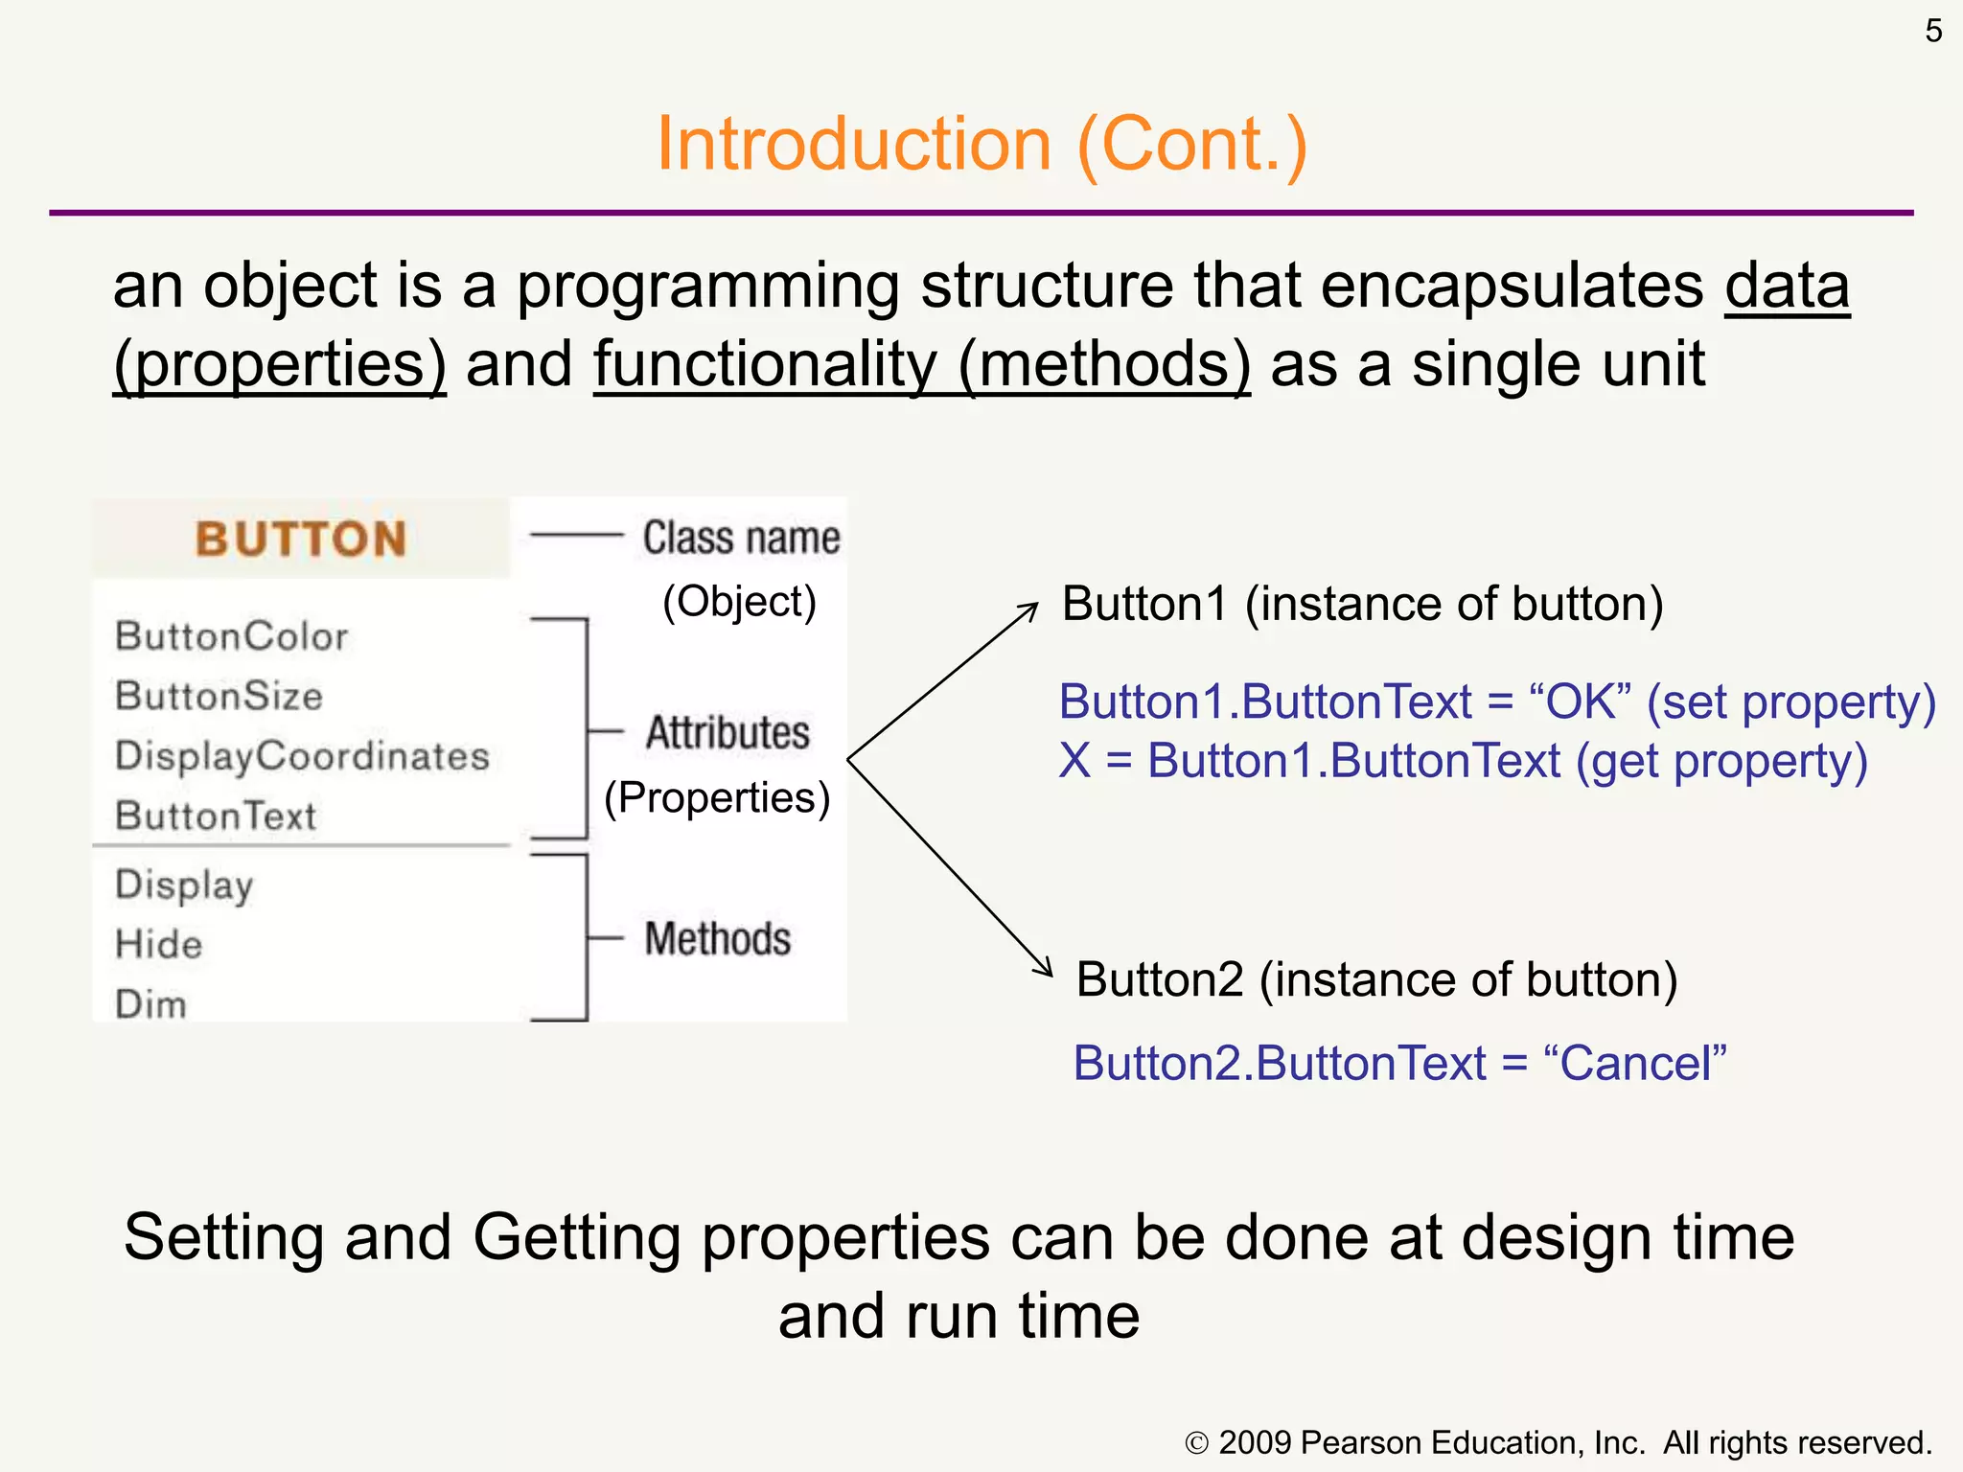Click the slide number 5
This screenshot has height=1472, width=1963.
click(1933, 32)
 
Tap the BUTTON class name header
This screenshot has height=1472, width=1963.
click(301, 539)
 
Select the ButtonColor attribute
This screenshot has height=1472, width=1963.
click(231, 636)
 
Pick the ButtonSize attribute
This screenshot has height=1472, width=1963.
click(219, 696)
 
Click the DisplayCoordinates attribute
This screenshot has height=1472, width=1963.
click(302, 756)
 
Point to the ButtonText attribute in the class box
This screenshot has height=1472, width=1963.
click(216, 816)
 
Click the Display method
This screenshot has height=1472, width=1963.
click(184, 885)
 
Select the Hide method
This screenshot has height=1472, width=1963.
click(159, 944)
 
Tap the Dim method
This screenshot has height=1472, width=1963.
click(150, 1004)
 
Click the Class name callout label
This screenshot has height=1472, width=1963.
click(741, 538)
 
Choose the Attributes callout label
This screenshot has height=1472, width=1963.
click(727, 733)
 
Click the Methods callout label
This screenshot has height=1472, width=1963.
click(718, 938)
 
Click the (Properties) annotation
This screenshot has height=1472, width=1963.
click(716, 797)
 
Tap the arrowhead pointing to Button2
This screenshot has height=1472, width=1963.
click(1046, 969)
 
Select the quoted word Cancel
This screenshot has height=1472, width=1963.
click(1635, 1063)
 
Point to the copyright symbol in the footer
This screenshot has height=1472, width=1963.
click(1196, 1443)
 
